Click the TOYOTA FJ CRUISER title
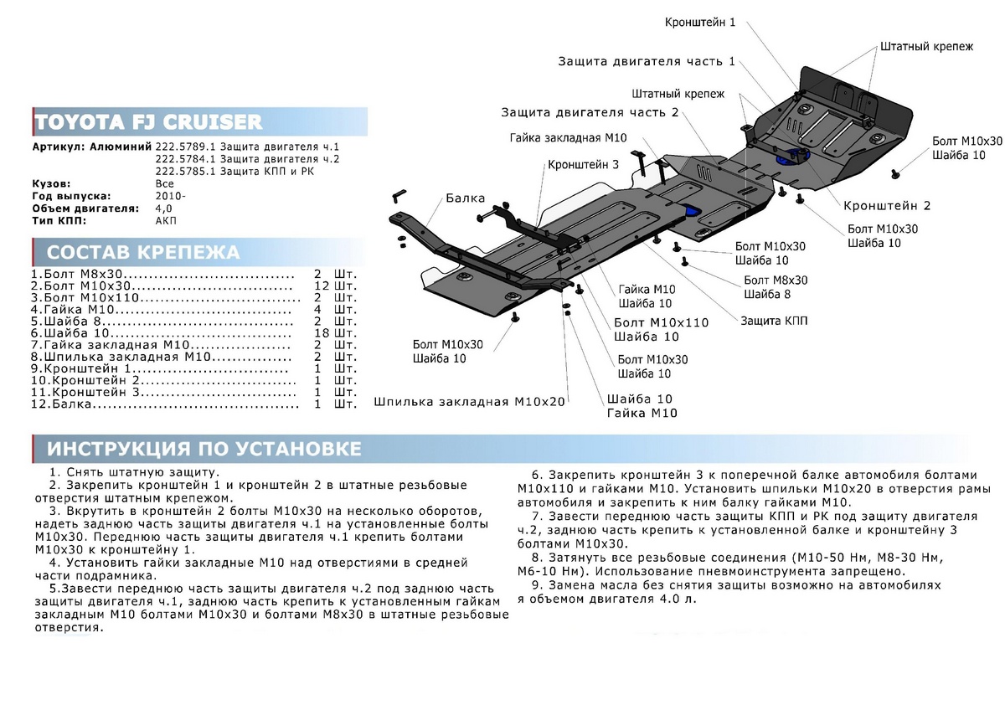(147, 122)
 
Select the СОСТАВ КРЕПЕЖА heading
(142, 253)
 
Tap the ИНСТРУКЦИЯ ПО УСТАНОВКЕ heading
(204, 449)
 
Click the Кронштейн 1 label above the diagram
(699, 22)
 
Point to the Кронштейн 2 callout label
(887, 205)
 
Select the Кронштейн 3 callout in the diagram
(583, 165)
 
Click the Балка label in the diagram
(465, 198)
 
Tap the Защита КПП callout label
(774, 321)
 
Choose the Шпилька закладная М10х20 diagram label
(471, 401)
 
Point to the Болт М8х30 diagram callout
(776, 280)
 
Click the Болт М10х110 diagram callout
(661, 322)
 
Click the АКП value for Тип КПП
(166, 220)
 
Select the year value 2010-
(172, 195)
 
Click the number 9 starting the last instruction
(535, 584)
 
